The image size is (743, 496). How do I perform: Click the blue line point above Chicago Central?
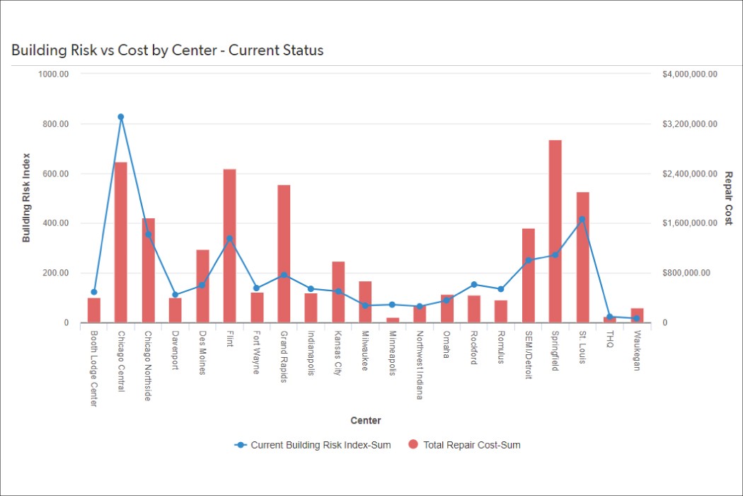pyautogui.click(x=121, y=117)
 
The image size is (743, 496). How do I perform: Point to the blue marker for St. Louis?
pyautogui.click(x=582, y=220)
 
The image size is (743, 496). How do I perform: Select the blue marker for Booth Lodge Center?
pyautogui.click(x=94, y=292)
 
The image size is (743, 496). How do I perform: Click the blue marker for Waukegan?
pyautogui.click(x=636, y=318)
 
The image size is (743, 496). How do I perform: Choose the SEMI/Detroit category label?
pyautogui.click(x=528, y=354)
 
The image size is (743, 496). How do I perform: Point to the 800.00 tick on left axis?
pyautogui.click(x=54, y=124)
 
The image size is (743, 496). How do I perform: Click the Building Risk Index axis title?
pyautogui.click(x=26, y=198)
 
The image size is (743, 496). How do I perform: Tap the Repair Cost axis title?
pyautogui.click(x=728, y=198)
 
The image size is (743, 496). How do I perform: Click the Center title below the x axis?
pyautogui.click(x=365, y=421)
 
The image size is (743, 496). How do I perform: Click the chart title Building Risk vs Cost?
pyautogui.click(x=167, y=50)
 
